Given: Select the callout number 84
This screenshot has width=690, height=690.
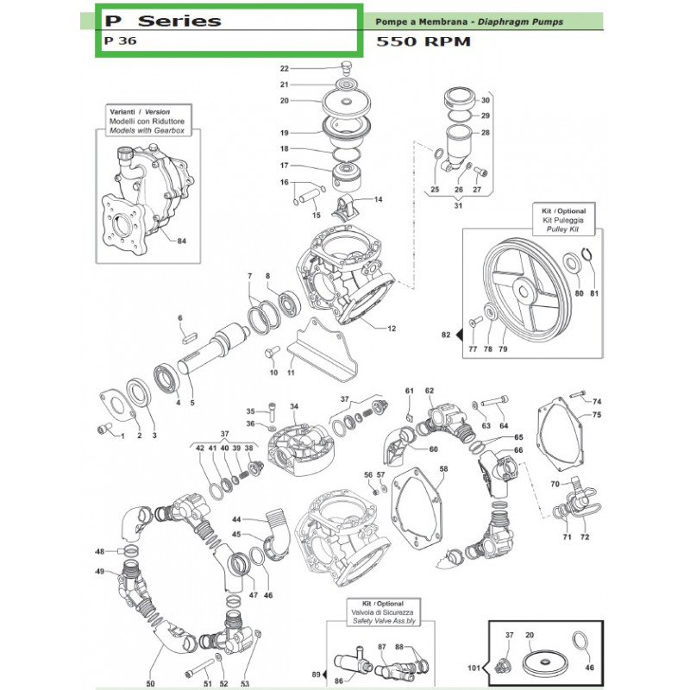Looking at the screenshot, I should pyautogui.click(x=180, y=240).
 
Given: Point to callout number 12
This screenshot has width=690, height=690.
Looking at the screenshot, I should pyautogui.click(x=392, y=328).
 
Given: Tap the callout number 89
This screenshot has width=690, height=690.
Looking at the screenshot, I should pyautogui.click(x=316, y=674).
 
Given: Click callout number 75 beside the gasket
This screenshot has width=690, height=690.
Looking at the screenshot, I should pyautogui.click(x=596, y=416).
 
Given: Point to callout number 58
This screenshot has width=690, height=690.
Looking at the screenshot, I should pyautogui.click(x=443, y=470).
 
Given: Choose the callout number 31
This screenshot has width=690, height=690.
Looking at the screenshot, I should pyautogui.click(x=458, y=204).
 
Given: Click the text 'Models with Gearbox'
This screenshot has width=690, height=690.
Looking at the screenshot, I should pyautogui.click(x=145, y=132).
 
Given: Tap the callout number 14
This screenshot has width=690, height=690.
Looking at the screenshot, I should pyautogui.click(x=378, y=199).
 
